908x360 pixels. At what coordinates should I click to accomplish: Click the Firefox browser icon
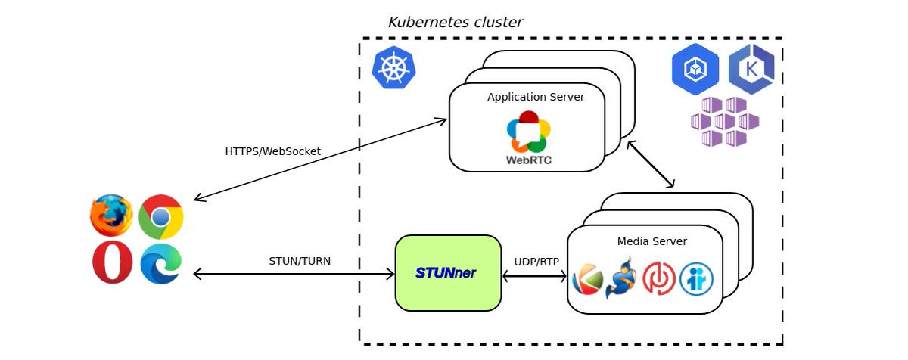coord(111,216)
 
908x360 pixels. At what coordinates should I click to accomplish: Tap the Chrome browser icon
coord(160,217)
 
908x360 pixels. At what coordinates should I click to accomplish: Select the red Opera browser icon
coord(112,263)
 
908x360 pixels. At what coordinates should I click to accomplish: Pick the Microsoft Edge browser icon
coord(160,263)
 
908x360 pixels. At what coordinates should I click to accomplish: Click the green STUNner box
coord(448,273)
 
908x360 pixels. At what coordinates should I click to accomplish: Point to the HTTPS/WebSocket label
coord(272,151)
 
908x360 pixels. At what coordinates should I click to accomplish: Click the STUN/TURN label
coord(300,262)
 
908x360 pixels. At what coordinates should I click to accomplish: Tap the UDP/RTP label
coord(536,262)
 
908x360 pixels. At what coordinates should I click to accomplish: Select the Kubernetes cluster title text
coord(455,23)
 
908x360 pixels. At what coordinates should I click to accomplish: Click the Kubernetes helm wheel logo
coord(393,68)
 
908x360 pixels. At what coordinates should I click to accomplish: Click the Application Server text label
coord(535,97)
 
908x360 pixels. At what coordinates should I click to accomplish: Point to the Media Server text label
coord(651,241)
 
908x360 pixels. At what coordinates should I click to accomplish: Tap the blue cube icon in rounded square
coord(695,70)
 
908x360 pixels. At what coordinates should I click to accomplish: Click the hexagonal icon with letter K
coord(751,70)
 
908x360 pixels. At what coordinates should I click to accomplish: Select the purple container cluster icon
coord(724,122)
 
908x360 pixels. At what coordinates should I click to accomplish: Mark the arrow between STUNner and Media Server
coord(534,277)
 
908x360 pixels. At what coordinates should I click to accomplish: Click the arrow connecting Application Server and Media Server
coord(650,164)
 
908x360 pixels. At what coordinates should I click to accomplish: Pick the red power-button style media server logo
coord(658,279)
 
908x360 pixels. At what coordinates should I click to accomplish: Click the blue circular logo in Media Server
coord(696,279)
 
